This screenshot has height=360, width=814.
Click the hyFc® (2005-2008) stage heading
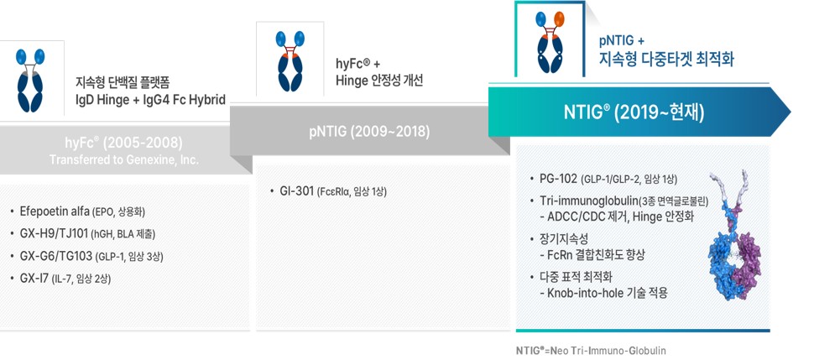(123, 142)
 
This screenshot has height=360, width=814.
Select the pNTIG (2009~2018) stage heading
(370, 131)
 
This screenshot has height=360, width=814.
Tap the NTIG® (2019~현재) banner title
(639, 112)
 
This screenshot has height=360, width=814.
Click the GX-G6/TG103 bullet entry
(92, 255)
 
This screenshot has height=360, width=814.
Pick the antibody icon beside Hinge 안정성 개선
(289, 62)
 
